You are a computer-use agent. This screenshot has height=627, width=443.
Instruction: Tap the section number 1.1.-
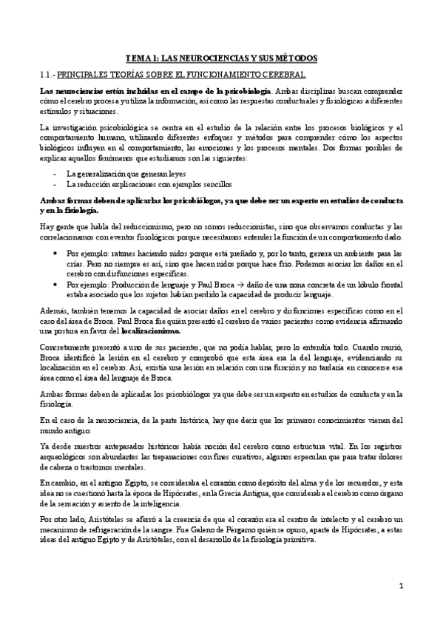pos(47,75)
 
